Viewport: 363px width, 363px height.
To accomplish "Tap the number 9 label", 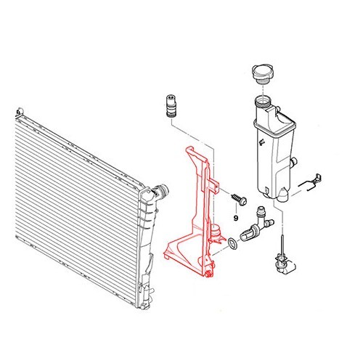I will click(x=236, y=217).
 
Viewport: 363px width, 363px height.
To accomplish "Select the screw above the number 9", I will click(x=238, y=197).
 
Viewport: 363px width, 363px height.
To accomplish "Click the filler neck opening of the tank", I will click(x=262, y=99).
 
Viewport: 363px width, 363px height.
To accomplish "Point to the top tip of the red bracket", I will click(x=189, y=150).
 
